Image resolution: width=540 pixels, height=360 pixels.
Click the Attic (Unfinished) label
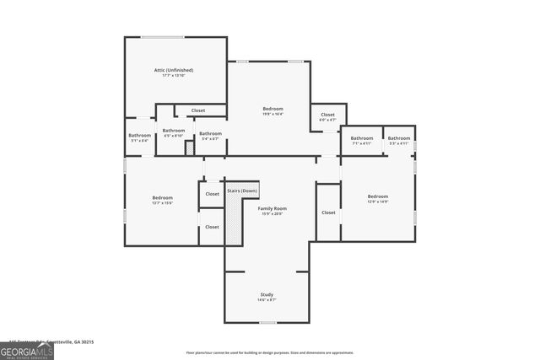coord(175,71)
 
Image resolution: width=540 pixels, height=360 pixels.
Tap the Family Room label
coord(272,208)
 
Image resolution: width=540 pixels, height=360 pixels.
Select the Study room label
coord(267,294)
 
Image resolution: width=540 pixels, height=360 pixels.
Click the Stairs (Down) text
coord(242,191)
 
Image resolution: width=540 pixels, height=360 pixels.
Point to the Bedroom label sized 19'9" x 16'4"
coord(273,109)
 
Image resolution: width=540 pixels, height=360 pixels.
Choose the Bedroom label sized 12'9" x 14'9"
coord(378,196)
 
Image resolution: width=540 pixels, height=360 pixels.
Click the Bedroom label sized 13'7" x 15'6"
coord(162,197)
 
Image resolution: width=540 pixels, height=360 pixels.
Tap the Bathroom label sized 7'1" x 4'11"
coord(362,138)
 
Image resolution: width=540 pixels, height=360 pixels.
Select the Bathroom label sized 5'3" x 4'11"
coord(399,138)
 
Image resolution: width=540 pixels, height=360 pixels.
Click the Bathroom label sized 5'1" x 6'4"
coord(139,136)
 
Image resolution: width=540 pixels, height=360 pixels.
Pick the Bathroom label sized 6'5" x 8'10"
coord(174,130)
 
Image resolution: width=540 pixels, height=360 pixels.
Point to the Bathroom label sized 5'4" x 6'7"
coord(210,133)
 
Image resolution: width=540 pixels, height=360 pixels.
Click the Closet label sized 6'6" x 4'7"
coord(327,115)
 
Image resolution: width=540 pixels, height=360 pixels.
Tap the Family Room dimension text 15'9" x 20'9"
coord(272,213)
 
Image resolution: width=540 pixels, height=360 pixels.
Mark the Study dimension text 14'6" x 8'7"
coord(267,299)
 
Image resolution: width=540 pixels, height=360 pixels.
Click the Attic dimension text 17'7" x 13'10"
coord(175,76)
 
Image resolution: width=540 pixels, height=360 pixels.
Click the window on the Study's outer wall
coord(267,323)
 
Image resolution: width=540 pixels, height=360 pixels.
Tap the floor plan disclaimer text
coord(270,352)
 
